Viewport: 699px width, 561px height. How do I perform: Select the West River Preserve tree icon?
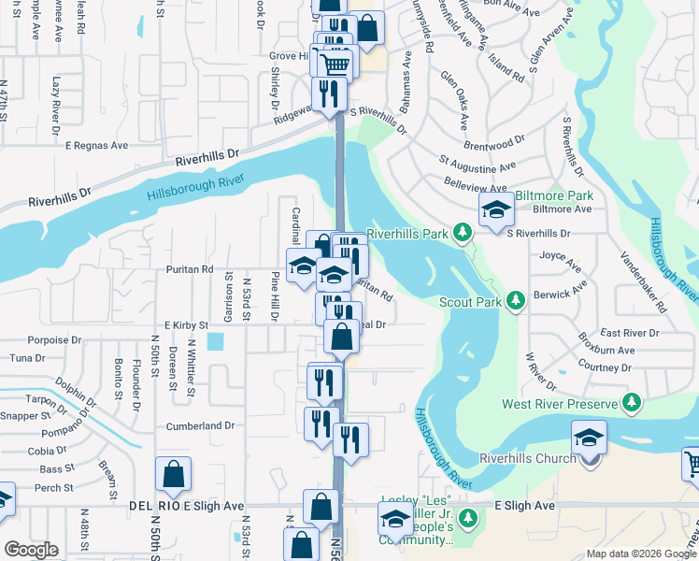[633, 403]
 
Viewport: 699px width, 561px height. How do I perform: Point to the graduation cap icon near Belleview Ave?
[496, 209]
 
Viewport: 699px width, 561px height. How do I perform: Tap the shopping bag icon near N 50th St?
[174, 474]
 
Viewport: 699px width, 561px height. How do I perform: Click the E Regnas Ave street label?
[96, 145]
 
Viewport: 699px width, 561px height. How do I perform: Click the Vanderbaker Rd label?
[643, 280]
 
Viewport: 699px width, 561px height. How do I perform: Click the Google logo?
[32, 550]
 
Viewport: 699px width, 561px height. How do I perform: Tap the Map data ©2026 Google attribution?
[641, 554]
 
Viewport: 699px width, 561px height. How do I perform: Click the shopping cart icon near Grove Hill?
[335, 64]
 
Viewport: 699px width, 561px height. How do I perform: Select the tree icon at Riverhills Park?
[461, 231]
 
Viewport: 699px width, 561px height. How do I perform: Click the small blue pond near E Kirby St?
[217, 342]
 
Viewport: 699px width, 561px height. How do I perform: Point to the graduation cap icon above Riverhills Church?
[590, 437]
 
